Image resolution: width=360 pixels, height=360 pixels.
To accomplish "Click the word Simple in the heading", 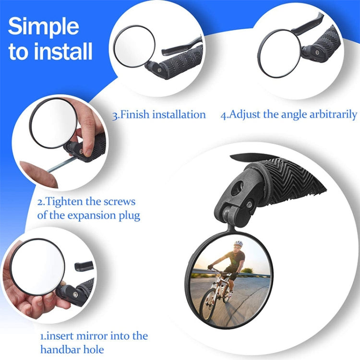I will tap(43, 27).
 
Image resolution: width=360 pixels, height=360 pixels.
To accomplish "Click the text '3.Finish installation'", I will tap(159, 115).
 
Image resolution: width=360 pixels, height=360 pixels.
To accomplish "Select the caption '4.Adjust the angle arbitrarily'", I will tap(289, 115).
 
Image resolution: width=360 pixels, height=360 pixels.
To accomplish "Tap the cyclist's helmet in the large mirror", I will tap(238, 244).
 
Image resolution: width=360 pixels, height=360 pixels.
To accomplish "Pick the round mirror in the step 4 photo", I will tap(279, 53).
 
